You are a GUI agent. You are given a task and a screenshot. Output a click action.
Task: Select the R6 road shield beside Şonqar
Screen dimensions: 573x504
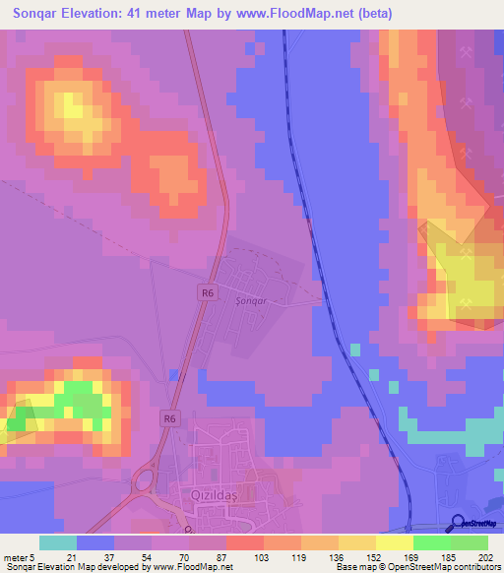[x=206, y=292]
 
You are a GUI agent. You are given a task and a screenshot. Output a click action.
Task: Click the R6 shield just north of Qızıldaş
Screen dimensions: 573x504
[x=170, y=418]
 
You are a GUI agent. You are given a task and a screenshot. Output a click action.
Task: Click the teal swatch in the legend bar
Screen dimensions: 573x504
[x=57, y=542]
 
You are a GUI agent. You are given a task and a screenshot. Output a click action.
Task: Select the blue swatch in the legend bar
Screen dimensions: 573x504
[x=95, y=542]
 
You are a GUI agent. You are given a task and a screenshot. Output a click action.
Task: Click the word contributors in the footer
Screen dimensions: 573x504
[x=472, y=567]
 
